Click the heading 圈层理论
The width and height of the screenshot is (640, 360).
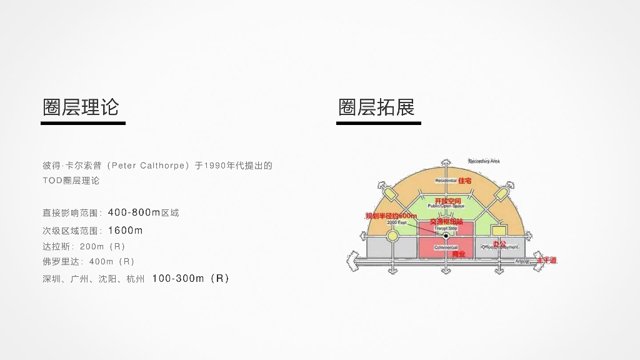coord(81,107)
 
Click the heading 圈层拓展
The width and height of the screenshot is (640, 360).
coord(376,107)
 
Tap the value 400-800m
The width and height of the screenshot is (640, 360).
coord(134,212)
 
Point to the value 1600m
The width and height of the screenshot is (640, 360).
coord(125,231)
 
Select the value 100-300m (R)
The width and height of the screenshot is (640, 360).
coord(191,279)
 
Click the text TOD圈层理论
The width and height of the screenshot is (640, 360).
coord(71,181)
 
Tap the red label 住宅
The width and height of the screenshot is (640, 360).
coord(464,181)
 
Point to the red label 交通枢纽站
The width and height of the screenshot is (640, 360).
coord(446,222)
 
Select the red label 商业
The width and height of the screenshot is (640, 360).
coord(459,253)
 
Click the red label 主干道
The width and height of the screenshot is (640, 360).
coord(546,260)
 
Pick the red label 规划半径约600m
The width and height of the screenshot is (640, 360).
coord(391,216)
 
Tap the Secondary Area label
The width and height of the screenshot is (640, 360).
coord(484,161)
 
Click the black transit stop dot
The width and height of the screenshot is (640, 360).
coord(446,236)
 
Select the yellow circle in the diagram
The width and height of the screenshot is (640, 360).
coord(392,236)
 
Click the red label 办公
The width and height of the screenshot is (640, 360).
coord(499,243)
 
